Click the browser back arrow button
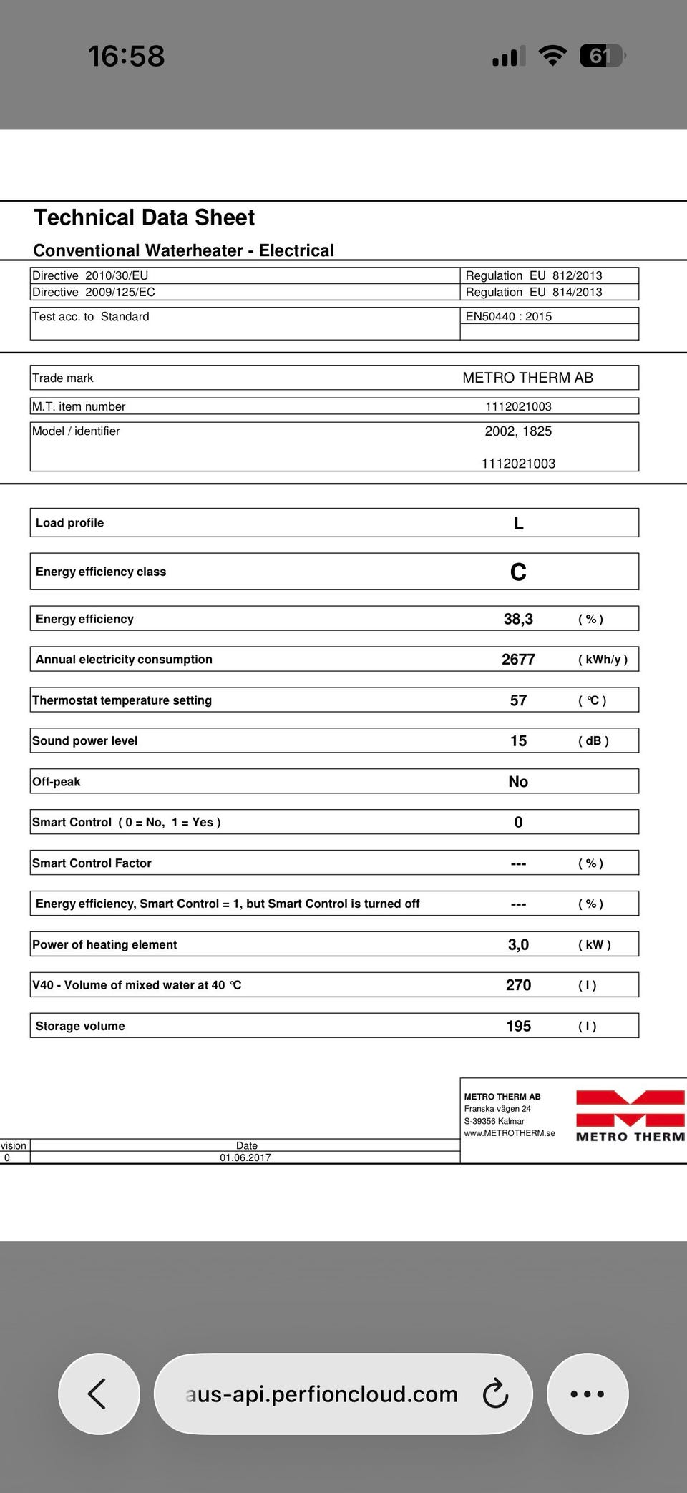point(98,1394)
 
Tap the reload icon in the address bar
point(495,1394)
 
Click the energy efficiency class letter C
point(518,572)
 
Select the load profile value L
point(518,523)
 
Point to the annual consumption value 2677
point(518,660)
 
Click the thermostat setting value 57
point(518,700)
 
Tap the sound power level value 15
point(518,741)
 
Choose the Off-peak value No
point(518,782)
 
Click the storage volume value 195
point(518,1026)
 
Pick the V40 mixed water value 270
point(518,985)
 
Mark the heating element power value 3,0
point(518,944)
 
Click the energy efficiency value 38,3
point(518,619)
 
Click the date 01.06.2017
point(245,1157)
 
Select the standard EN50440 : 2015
point(509,316)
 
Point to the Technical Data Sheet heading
point(144,217)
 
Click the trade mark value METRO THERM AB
point(527,378)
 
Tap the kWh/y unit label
point(603,660)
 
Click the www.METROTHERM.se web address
point(510,1133)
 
